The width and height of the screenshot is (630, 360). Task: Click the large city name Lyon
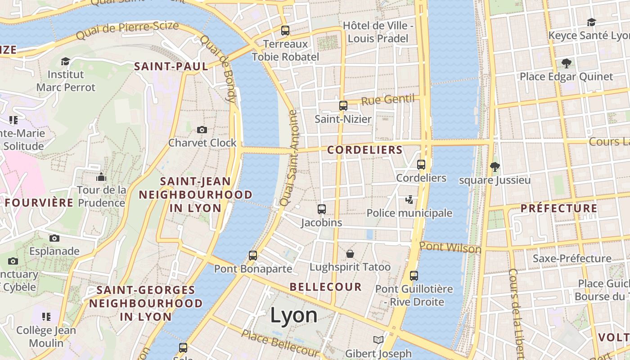(294, 315)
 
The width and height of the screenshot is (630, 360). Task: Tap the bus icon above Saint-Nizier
(343, 106)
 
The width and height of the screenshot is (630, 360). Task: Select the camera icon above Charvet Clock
(202, 130)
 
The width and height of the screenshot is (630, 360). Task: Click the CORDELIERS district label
(365, 150)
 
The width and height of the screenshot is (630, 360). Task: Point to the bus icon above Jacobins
(322, 209)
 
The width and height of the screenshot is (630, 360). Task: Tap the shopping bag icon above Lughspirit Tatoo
(350, 254)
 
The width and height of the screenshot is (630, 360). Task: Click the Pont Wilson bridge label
(450, 247)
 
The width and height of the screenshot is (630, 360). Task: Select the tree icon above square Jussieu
(495, 167)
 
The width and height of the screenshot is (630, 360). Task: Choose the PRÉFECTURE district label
(559, 208)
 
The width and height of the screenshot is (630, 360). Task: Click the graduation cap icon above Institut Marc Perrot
(66, 61)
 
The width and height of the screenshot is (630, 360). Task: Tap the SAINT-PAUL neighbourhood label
(171, 67)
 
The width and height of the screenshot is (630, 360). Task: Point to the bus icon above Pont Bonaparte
(253, 256)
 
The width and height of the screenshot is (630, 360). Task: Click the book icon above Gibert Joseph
(378, 340)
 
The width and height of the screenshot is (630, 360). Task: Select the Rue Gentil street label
(387, 99)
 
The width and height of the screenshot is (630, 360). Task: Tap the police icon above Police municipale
(409, 199)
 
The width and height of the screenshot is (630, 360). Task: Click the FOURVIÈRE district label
(39, 202)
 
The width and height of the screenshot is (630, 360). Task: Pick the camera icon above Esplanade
(54, 238)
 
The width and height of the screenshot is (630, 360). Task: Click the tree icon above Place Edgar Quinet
(566, 63)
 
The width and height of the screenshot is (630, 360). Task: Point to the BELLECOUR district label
(326, 287)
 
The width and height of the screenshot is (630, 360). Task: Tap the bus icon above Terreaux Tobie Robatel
(285, 31)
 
